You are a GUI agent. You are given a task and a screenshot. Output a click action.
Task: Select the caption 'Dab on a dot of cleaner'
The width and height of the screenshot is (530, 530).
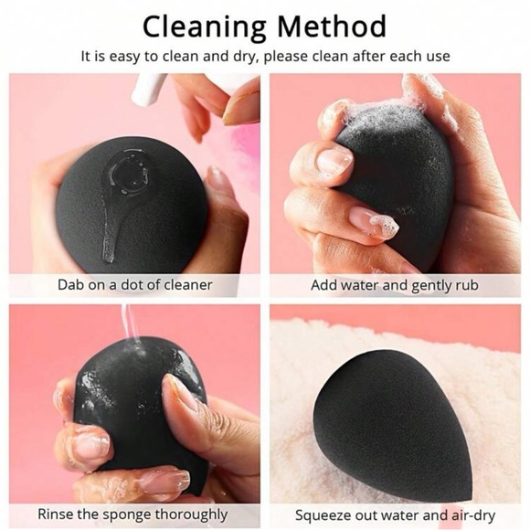pos(134,285)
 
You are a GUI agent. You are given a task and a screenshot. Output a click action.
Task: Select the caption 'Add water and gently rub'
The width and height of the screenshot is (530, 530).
pos(394,285)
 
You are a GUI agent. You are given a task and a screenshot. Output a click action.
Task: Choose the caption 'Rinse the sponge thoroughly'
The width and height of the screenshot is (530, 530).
pos(134,515)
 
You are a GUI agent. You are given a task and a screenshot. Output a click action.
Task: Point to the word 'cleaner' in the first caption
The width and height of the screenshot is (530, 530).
pos(186,285)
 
